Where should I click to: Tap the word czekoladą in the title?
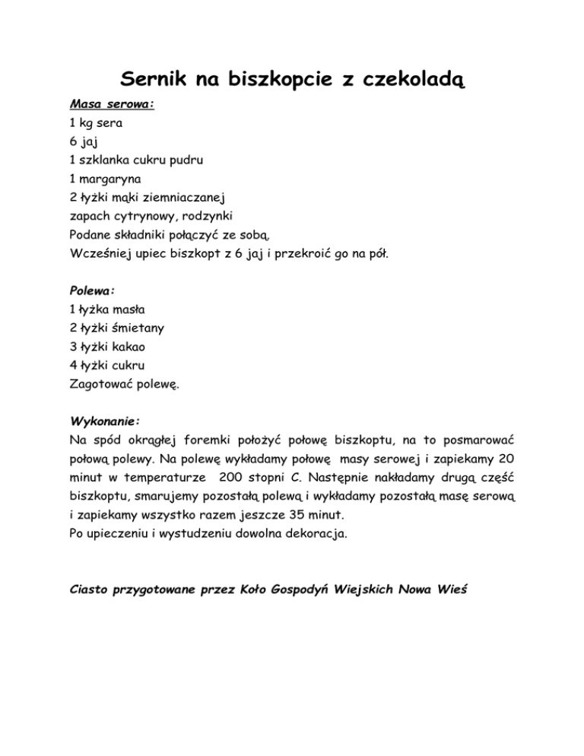click(x=407, y=79)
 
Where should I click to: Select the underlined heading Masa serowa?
click(x=112, y=104)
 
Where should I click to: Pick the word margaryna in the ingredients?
click(x=106, y=179)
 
